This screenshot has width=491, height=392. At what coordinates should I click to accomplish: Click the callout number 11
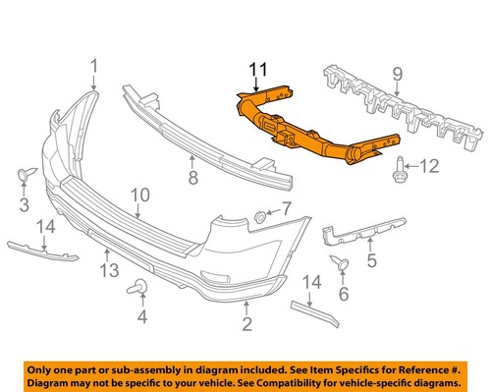(257, 70)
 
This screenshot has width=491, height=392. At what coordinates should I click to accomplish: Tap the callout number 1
(95, 66)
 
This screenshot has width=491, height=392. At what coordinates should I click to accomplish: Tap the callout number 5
(372, 260)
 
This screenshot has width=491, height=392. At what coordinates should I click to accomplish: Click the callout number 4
(141, 316)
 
